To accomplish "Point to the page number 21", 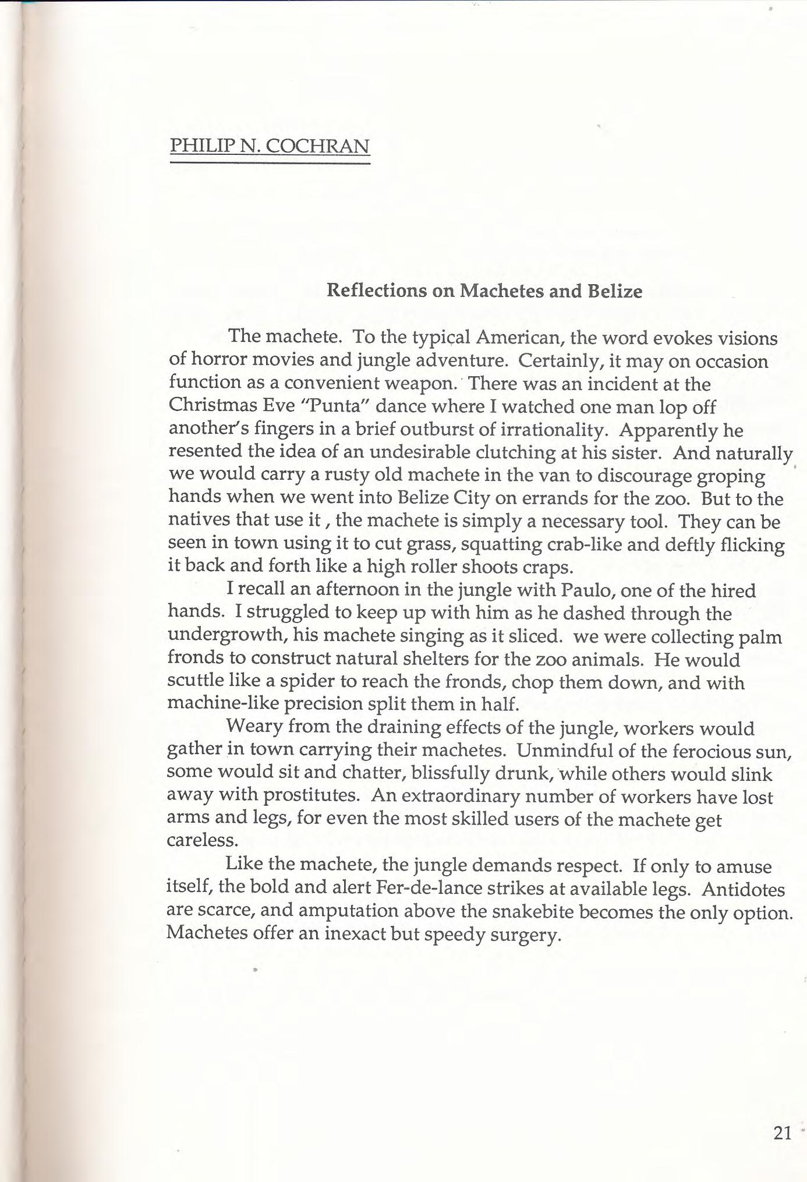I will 782,1133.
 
